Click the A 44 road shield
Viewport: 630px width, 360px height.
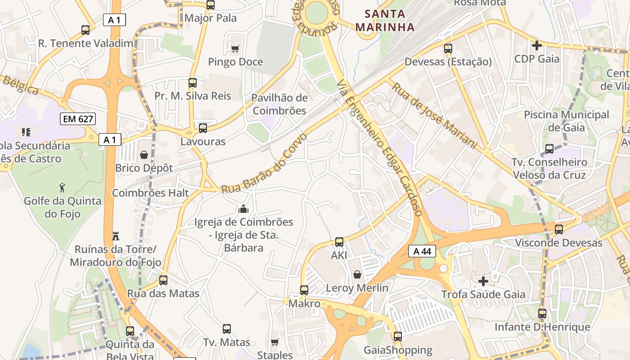tap(422, 251)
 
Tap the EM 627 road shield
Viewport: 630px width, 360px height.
tap(78, 119)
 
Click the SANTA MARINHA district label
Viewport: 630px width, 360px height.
tap(385, 21)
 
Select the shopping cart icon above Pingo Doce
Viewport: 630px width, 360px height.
tap(235, 49)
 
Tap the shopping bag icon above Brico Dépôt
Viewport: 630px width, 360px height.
tap(144, 155)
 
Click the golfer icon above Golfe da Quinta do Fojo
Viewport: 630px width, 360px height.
tap(62, 187)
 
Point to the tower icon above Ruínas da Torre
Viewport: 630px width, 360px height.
tap(116, 236)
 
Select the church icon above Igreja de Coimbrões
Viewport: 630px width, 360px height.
tap(243, 209)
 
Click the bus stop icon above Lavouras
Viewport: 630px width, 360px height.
tap(203, 128)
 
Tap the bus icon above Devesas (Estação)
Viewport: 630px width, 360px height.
tap(448, 49)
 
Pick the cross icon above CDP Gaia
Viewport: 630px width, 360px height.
tap(536, 45)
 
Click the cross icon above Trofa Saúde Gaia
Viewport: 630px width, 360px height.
tap(483, 282)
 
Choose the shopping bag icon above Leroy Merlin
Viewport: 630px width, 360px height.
tap(357, 274)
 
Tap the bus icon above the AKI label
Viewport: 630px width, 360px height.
tap(339, 242)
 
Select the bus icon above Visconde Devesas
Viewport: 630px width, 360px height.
tap(558, 229)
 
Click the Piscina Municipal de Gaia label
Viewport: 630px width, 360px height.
tap(566, 121)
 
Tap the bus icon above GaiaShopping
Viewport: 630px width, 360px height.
tap(397, 337)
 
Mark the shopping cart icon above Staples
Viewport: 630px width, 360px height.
tap(274, 342)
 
